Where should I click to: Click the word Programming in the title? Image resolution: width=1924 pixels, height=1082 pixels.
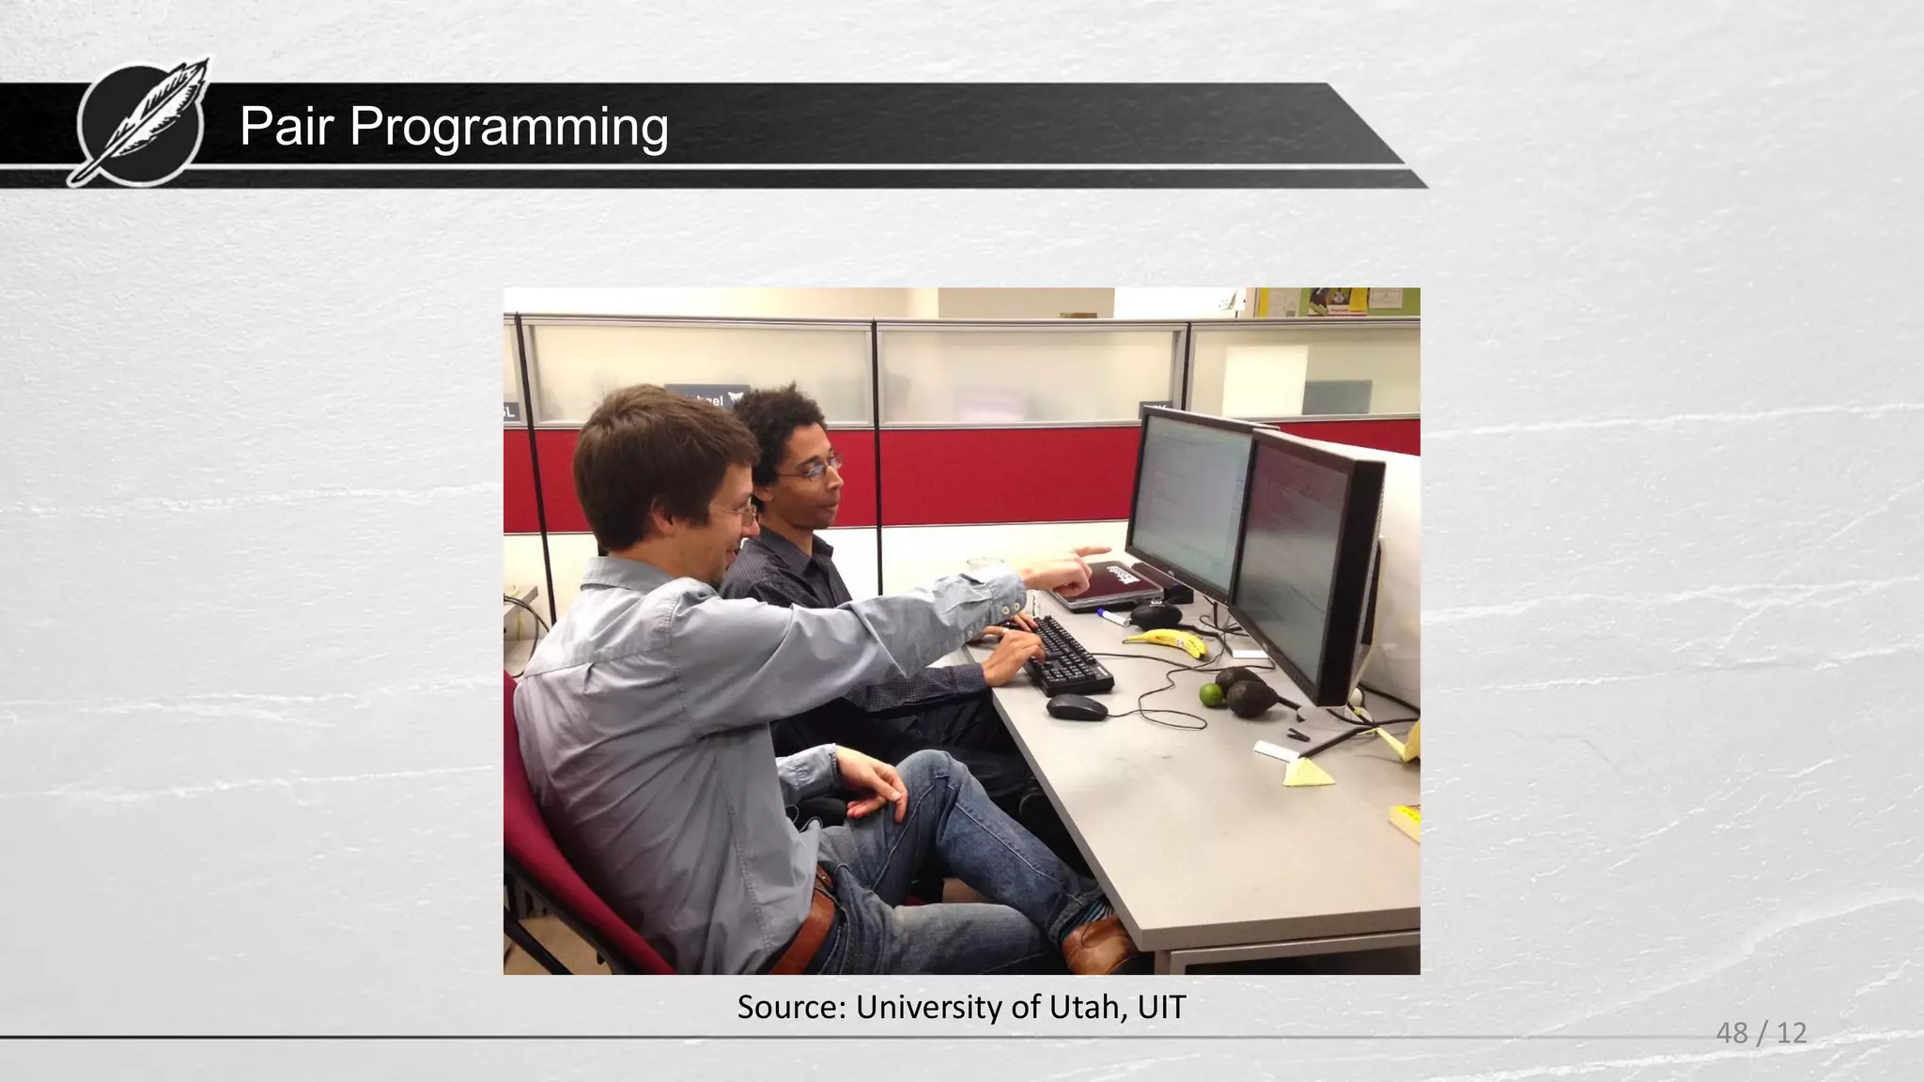tap(508, 128)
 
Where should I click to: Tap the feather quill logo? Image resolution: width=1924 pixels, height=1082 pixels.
tap(143, 122)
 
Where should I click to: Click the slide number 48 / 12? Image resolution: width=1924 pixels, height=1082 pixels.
tap(1761, 1033)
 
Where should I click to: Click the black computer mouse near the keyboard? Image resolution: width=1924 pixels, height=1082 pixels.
tap(1077, 707)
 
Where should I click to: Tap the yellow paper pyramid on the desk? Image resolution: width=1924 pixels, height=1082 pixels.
tap(1306, 772)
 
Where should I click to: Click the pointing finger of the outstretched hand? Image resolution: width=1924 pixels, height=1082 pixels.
tap(1094, 551)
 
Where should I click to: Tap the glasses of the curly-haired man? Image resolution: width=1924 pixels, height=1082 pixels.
tap(812, 470)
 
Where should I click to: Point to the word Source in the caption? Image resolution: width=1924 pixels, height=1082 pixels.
tap(791, 1007)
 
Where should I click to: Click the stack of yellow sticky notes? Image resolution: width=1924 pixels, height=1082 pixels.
tap(1405, 821)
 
